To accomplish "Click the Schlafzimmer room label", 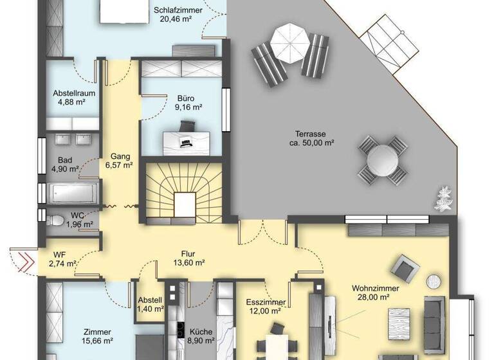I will point(178,11).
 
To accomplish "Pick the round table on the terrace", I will point(383,157).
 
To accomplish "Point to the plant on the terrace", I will point(444,198).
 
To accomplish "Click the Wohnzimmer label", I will point(376,288).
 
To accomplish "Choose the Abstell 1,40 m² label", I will point(150,304).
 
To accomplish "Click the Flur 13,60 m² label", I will point(188,258).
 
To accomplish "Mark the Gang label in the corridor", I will point(120,156).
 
